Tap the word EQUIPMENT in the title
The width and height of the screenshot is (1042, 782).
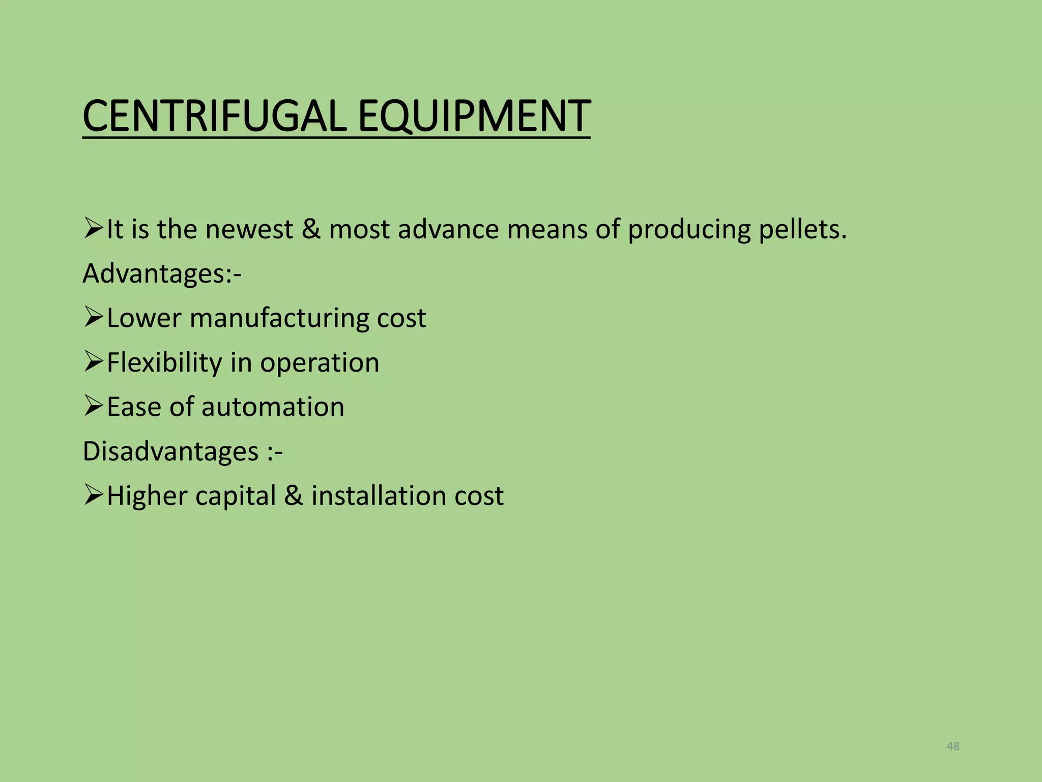pos(474,117)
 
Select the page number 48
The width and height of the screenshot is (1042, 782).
pos(953,746)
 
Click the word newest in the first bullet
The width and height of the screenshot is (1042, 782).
pos(249,230)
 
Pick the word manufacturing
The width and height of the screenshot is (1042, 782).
pos(279,318)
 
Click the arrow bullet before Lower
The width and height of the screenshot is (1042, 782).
pos(94,317)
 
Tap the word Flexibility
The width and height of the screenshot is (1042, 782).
pos(164,363)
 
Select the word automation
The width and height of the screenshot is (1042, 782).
pos(273,407)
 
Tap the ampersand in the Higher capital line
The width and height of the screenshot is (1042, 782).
pos(293,496)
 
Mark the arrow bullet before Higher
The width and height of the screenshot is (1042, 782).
pos(94,495)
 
